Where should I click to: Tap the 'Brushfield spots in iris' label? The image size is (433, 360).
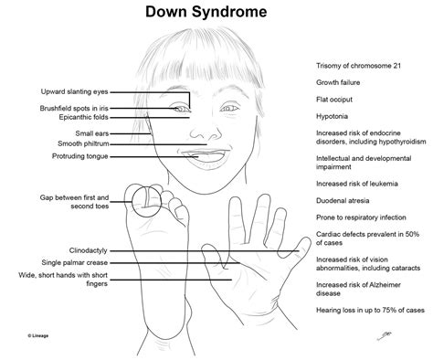point(77,108)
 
